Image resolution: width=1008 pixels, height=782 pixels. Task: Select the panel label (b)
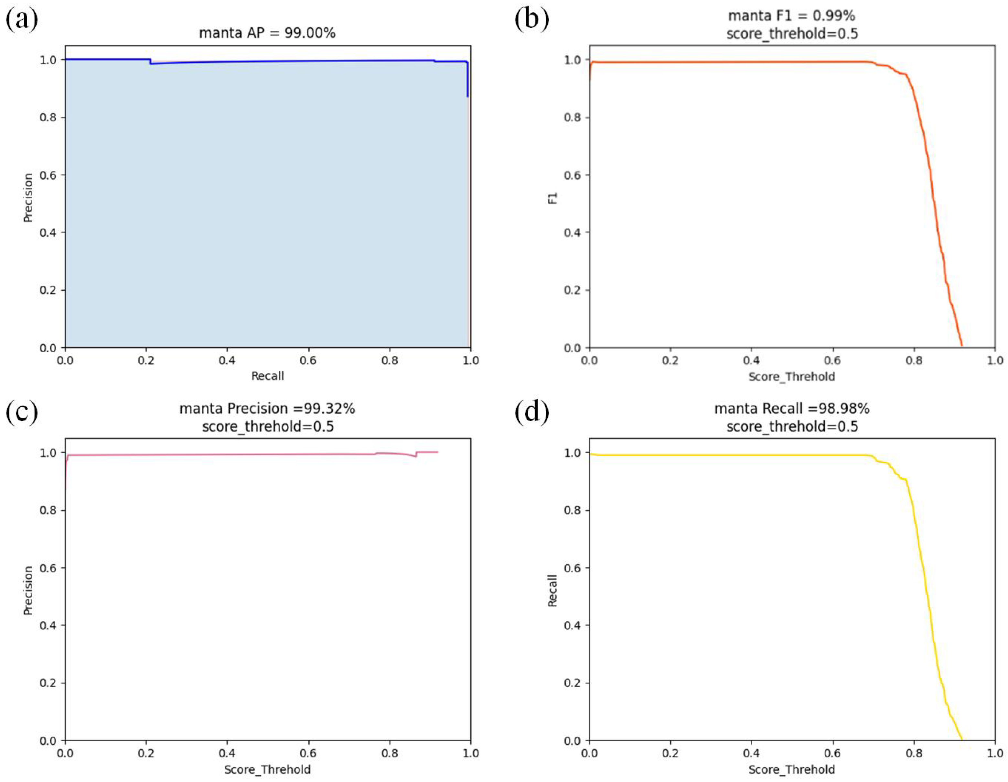(x=532, y=20)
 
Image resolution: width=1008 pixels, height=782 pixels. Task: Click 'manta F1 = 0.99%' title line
(x=791, y=16)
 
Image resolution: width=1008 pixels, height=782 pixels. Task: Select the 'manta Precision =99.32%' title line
(x=267, y=409)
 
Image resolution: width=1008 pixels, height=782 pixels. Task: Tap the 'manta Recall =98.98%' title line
(x=791, y=409)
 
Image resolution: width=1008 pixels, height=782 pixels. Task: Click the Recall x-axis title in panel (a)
(x=267, y=376)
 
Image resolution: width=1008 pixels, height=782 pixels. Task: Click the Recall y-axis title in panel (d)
(x=552, y=591)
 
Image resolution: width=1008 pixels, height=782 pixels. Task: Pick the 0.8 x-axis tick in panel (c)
(x=390, y=753)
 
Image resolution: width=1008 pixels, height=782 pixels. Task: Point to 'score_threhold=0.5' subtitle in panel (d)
(x=791, y=426)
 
